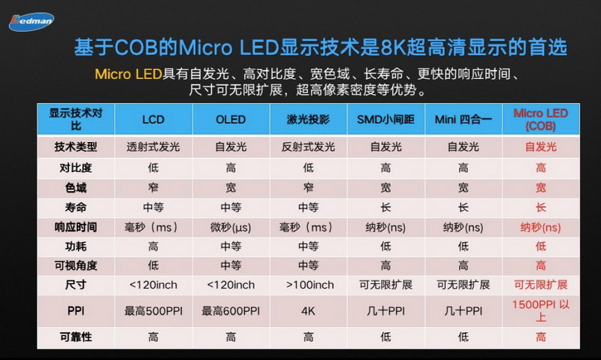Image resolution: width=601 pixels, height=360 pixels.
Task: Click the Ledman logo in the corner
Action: (32, 20)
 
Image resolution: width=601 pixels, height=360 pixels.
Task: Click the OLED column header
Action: (230, 119)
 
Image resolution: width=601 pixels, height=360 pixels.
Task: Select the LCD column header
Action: (153, 119)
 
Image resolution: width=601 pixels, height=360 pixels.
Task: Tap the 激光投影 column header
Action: (307, 119)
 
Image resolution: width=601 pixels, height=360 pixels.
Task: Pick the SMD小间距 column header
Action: (385, 119)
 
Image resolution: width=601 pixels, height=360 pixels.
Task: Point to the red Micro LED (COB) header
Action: (540, 119)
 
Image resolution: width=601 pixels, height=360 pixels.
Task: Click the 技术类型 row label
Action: (75, 147)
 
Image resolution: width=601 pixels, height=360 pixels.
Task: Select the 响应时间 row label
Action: (75, 226)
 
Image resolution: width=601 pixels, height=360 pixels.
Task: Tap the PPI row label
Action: (75, 310)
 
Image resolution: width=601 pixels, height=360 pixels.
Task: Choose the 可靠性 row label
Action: (75, 337)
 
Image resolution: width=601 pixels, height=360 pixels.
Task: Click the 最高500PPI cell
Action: (153, 310)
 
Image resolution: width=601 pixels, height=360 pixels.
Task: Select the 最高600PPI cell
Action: (230, 310)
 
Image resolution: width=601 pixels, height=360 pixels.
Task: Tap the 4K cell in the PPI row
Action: (307, 310)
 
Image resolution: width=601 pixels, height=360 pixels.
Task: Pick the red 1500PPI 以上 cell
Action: (540, 310)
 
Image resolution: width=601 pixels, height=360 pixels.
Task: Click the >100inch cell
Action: (307, 285)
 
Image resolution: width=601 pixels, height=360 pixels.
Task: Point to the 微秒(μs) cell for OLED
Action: (230, 226)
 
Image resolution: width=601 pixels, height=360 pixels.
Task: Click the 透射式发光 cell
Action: (153, 147)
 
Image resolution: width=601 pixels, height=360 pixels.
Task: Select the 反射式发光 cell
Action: (307, 147)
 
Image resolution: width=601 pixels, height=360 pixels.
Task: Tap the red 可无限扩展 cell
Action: (540, 285)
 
